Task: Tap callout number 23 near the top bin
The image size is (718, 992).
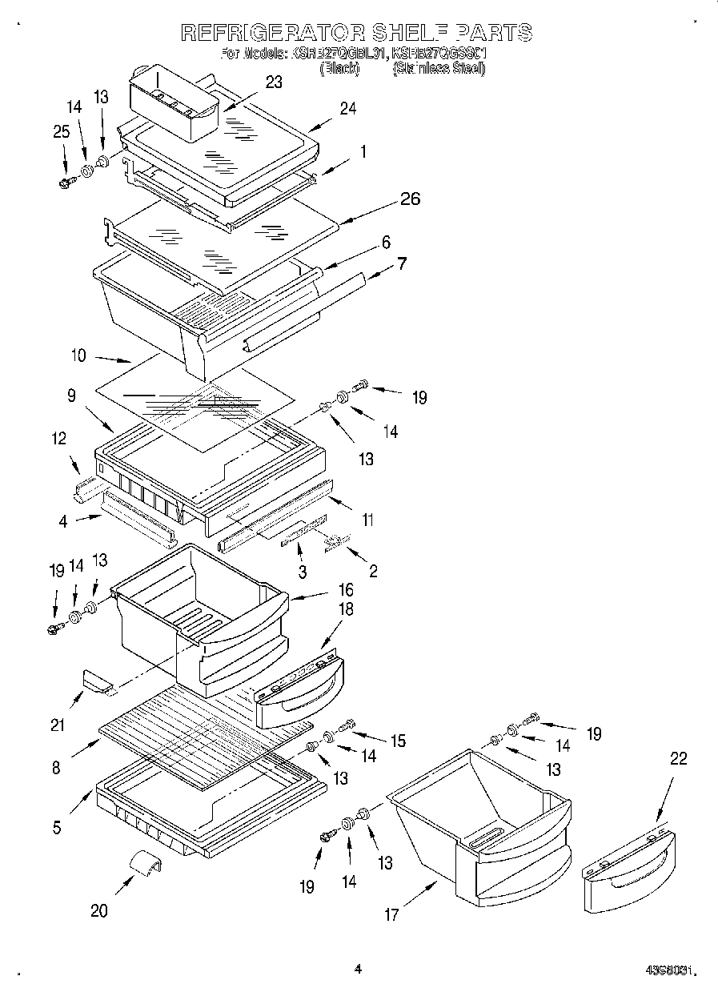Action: (274, 82)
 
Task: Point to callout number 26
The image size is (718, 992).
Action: (410, 199)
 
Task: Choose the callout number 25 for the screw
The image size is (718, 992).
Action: (62, 132)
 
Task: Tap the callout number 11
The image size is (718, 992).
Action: (367, 520)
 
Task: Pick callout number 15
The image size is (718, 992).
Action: (398, 741)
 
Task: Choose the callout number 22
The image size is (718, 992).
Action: (678, 759)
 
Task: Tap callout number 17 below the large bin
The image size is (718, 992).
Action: (391, 915)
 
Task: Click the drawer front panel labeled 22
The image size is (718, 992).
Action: (628, 873)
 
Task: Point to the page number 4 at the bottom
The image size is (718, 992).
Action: (358, 969)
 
